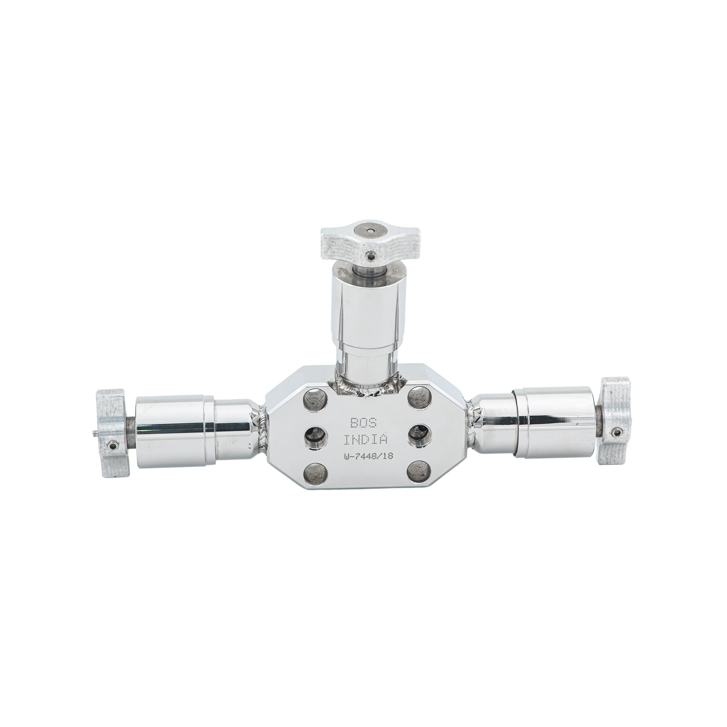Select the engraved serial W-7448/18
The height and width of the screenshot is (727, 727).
368,456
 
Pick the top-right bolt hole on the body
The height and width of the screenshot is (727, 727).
419,398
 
